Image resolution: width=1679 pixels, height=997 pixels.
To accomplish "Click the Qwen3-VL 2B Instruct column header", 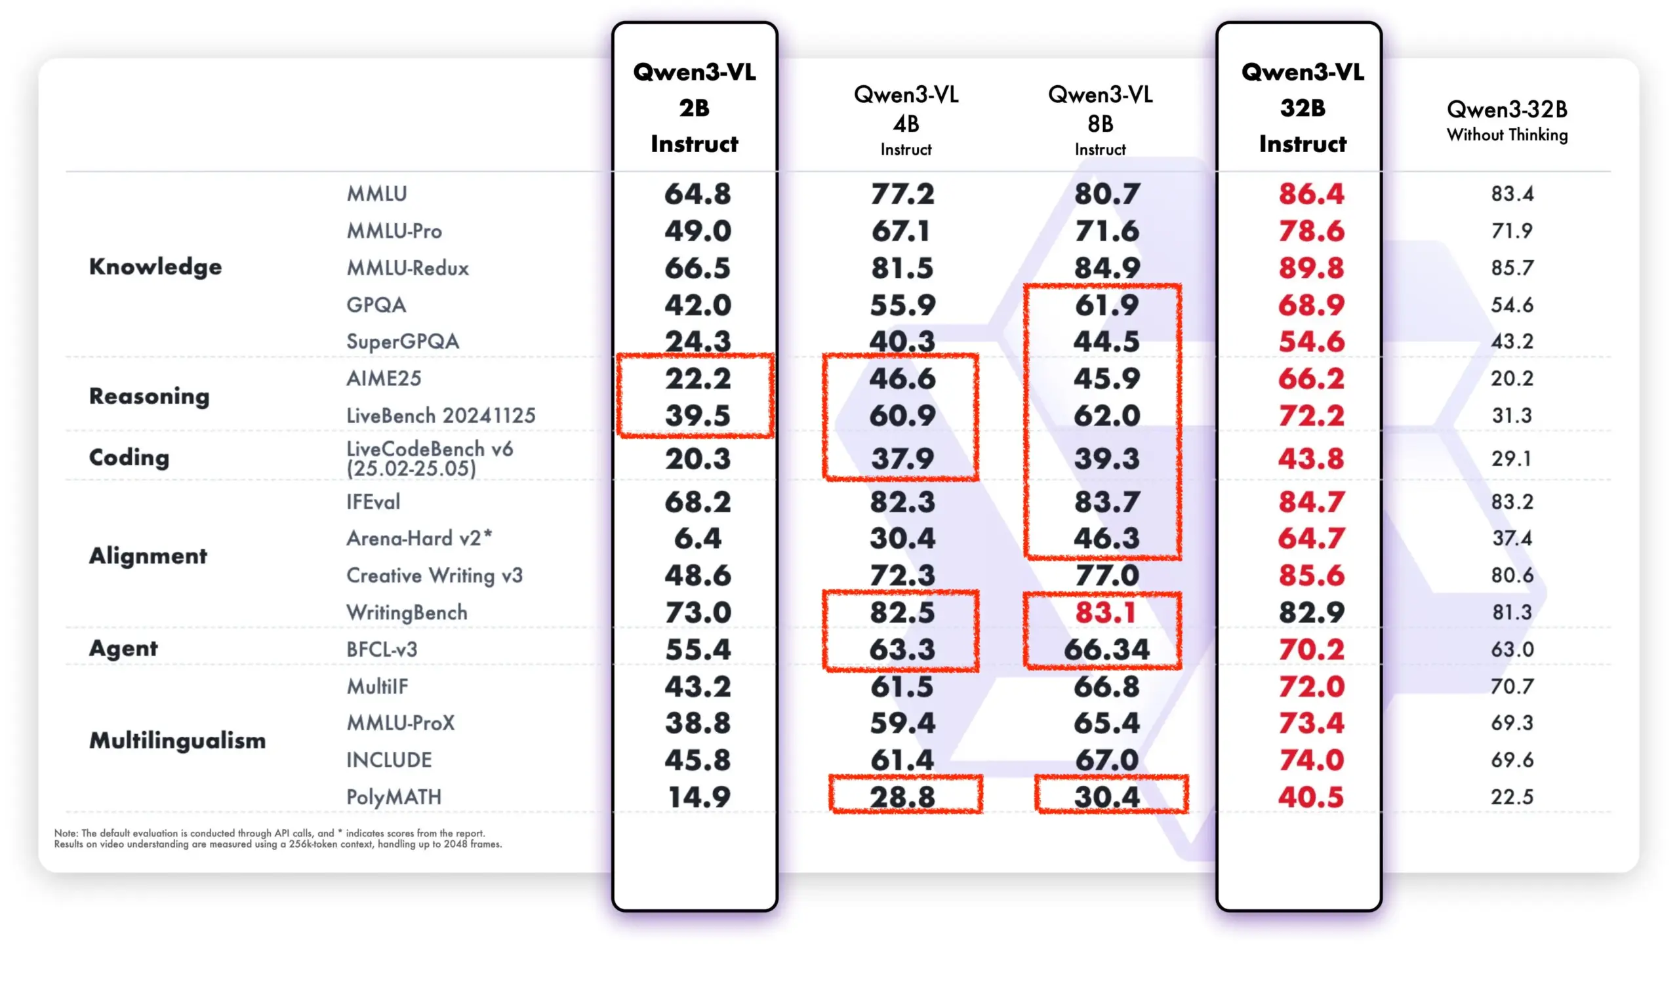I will point(695,108).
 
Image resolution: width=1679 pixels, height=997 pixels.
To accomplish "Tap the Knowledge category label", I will point(155,267).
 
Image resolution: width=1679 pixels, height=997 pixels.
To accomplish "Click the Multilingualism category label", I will point(178,740).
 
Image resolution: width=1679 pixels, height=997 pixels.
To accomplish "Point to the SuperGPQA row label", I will point(403,342).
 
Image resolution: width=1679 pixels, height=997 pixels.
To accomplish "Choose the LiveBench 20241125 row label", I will point(441,415).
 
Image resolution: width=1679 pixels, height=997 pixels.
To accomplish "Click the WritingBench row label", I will point(407,612).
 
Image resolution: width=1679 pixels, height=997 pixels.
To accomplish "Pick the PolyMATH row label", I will point(394,797).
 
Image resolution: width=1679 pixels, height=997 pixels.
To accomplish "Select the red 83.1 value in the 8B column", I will point(1105,612).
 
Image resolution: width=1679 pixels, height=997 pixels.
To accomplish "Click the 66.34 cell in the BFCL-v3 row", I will point(1106,649).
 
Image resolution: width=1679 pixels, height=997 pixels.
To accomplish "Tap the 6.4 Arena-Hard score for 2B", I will point(698,538).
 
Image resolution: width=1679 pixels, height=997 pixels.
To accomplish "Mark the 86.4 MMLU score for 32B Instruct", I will point(1310,193).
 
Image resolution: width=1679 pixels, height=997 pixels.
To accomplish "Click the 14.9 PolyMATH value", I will point(698,797).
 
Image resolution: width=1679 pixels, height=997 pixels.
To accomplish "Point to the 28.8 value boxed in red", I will point(902,797).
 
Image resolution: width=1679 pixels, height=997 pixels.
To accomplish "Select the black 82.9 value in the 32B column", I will point(1310,612).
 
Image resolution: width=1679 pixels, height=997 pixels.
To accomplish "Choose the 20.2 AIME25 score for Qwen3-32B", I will point(1512,378).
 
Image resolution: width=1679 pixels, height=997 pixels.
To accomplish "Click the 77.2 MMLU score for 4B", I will point(902,193).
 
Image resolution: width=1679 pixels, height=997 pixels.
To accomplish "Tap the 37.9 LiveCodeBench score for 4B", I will point(902,459).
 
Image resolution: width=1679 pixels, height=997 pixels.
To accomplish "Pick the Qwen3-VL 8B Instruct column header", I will point(1101,121).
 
